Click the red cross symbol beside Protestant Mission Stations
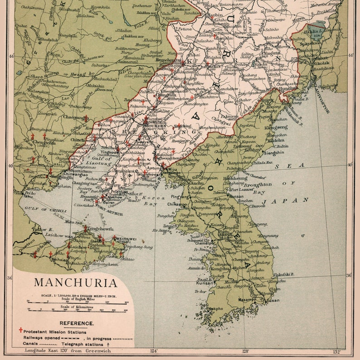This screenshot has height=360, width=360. pyautogui.click(x=20, y=331)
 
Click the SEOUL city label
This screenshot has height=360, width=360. pyautogui.click(x=225, y=236)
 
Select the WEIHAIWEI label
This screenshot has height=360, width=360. pyautogui.click(x=127, y=238)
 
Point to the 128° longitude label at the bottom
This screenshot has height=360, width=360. pyautogui.click(x=246, y=351)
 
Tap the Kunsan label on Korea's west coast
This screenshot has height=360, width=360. pyautogui.click(x=205, y=283)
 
